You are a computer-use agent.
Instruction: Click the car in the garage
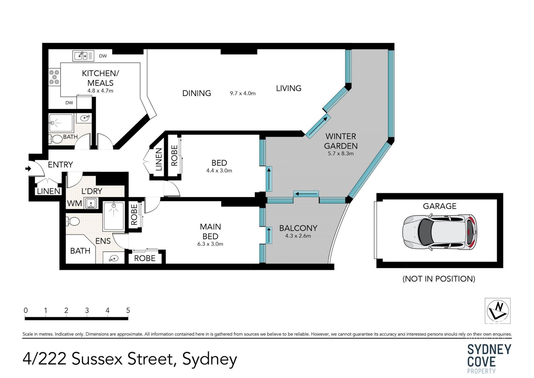point(439,232)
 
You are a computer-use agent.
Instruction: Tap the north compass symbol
point(498,311)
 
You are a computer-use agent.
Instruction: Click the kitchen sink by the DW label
point(83,56)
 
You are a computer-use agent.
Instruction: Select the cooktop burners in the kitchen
point(54,77)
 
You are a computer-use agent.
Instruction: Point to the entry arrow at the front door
point(28,169)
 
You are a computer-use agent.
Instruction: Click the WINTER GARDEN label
point(341,141)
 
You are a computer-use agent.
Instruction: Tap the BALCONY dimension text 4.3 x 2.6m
point(298,236)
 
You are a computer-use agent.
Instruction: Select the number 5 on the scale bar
point(128,310)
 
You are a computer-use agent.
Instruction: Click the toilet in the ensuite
point(73,221)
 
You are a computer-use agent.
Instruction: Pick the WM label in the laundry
point(75,203)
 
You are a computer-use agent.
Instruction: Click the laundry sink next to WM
point(91,203)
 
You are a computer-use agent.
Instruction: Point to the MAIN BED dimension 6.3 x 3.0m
point(210,244)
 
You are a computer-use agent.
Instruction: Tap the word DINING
point(197,93)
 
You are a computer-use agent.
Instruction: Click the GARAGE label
point(440,206)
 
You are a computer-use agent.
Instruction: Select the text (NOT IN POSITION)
point(439,279)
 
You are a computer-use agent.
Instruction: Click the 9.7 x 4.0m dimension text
point(243,93)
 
